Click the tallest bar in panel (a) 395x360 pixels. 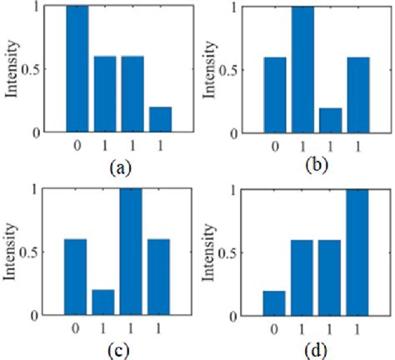[x=77, y=68]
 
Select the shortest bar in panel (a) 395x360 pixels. [x=160, y=119]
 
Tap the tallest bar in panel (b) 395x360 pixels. [x=303, y=68]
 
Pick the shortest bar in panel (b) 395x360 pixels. [x=331, y=119]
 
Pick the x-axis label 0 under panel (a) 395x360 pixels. [x=77, y=145]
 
